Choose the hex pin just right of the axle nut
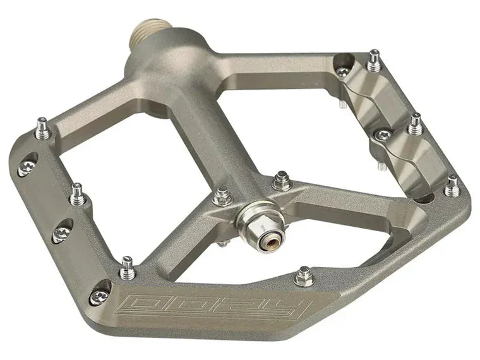[281, 182]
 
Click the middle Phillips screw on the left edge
[61, 234]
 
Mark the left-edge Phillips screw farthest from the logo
[27, 168]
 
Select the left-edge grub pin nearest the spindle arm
[42, 129]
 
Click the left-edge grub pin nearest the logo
[128, 268]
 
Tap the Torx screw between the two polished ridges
[383, 135]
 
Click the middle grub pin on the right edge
[415, 124]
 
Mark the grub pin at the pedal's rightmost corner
[452, 186]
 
